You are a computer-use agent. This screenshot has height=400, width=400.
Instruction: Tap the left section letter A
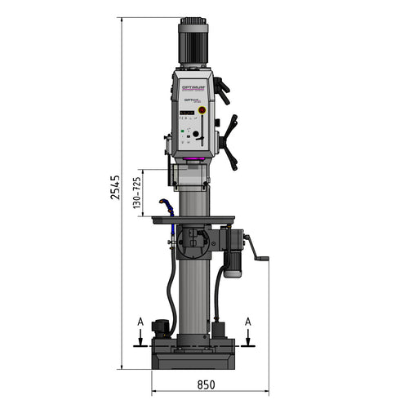(140, 322)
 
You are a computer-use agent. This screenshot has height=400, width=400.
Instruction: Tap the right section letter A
(247, 322)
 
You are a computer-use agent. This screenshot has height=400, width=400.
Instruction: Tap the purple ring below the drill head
(193, 158)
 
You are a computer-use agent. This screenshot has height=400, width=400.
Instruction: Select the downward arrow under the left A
(140, 339)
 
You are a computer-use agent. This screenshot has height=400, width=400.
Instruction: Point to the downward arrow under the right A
(247, 339)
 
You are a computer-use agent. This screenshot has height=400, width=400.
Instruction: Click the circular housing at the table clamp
(197, 242)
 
